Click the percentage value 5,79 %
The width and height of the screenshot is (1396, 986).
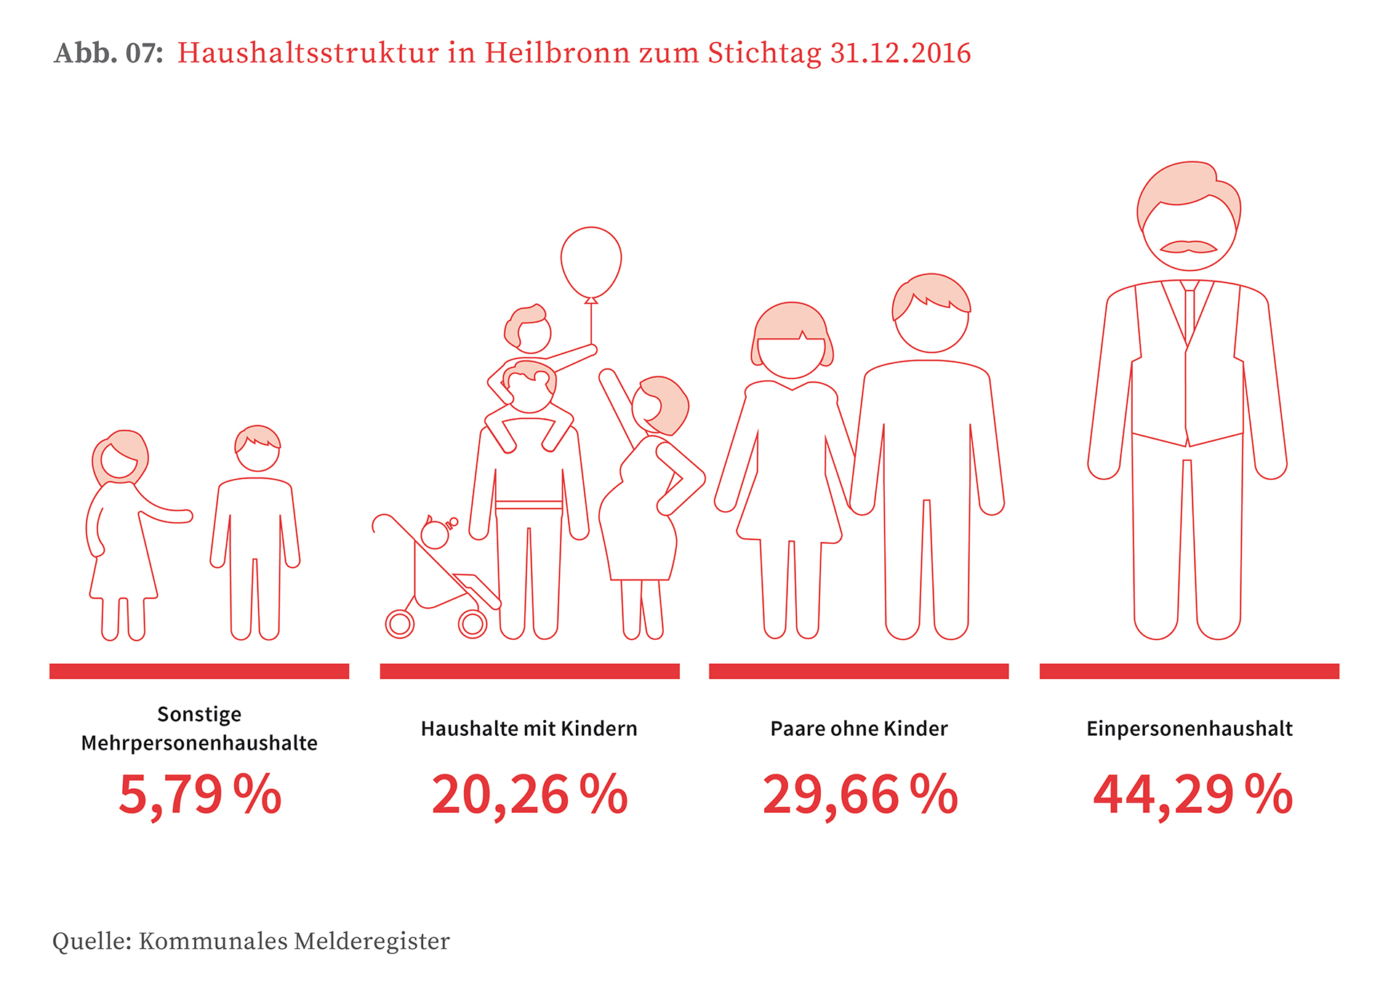click(200, 795)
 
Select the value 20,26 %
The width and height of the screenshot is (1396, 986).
click(529, 795)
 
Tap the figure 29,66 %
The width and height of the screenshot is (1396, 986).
click(859, 795)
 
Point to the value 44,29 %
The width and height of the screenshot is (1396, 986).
click(1192, 795)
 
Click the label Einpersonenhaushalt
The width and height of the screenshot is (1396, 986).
click(1190, 729)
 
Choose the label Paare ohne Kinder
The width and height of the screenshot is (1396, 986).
click(859, 729)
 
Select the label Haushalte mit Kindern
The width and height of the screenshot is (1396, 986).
click(529, 729)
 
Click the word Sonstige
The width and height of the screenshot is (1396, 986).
click(199, 714)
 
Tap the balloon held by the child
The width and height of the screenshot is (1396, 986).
click(591, 260)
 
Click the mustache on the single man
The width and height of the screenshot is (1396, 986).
click(1188, 247)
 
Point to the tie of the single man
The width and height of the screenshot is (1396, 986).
click(1190, 313)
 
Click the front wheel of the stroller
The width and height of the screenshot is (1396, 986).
click(473, 623)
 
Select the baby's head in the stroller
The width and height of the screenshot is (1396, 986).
click(435, 534)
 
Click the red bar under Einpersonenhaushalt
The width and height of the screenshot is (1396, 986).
click(1189, 671)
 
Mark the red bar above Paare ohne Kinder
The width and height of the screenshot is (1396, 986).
click(859, 671)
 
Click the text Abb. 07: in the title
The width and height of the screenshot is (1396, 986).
click(108, 53)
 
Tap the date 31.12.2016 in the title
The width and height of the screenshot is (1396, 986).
click(900, 53)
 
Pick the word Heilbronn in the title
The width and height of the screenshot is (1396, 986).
click(558, 53)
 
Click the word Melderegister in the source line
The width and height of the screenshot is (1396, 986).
click(372, 941)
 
